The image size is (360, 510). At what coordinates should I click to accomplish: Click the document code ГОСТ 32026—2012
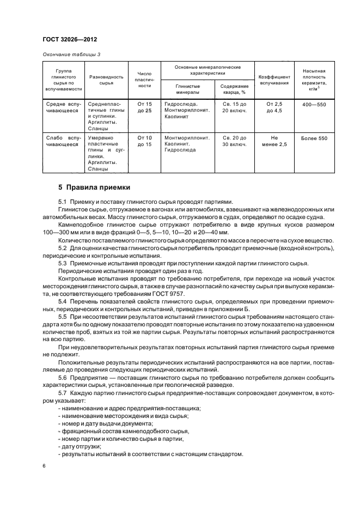pos(70,40)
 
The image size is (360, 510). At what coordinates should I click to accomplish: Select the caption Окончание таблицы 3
pos(71,54)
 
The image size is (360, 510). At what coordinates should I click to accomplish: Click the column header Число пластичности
pos(144,79)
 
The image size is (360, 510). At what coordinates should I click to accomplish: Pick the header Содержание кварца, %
pos(234,89)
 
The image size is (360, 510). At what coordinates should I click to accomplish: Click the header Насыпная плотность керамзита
pos(314,79)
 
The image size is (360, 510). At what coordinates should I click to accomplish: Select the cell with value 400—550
pos(314,104)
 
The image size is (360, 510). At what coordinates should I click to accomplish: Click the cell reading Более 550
pos(314,138)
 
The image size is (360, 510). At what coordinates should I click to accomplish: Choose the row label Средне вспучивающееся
pos(64,107)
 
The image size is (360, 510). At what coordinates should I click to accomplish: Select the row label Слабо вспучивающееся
pos(64,142)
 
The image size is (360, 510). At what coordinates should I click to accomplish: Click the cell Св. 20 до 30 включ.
pos(234,142)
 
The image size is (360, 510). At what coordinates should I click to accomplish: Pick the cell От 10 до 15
pos(144,142)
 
